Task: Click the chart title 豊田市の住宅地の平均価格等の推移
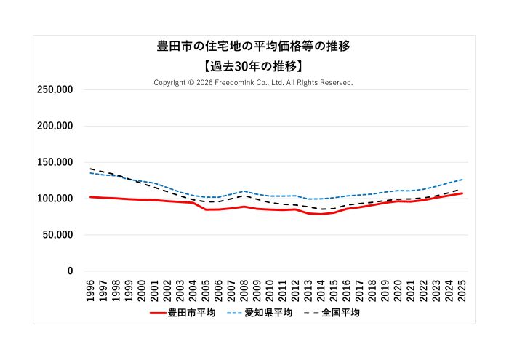pos(254,46)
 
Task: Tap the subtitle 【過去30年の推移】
pos(254,65)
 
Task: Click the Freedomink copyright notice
pos(254,83)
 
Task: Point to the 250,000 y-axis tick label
pos(55,89)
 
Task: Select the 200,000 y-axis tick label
pos(55,126)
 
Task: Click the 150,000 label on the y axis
pos(55,162)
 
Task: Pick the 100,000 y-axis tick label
pos(55,199)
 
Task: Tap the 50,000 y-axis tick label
pos(57,235)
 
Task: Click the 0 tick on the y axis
pos(70,271)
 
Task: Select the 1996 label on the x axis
pos(90,289)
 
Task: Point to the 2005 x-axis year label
pos(206,289)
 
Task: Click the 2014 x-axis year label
pos(321,289)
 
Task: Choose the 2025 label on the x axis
pos(462,289)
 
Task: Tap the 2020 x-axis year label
pos(398,289)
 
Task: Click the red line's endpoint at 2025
pos(462,193)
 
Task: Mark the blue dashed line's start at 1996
pos(90,172)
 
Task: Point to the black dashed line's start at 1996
pos(90,169)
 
